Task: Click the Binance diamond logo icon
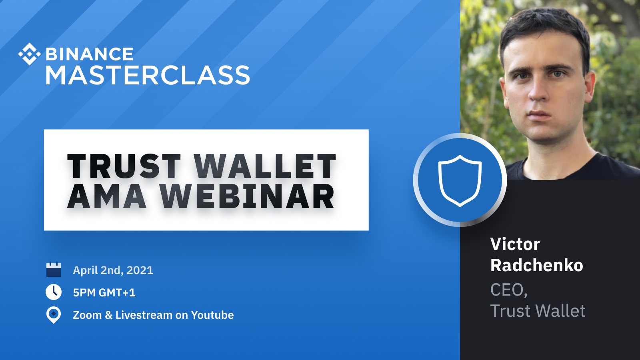tap(30, 54)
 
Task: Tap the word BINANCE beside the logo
tap(90, 54)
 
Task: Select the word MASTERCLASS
tap(148, 75)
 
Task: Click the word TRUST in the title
tap(124, 166)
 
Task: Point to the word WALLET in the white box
tap(265, 166)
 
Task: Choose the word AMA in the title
tap(106, 196)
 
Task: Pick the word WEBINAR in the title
tap(247, 196)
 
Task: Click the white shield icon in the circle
tap(460, 180)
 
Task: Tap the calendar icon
tap(54, 269)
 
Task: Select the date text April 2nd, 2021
tap(113, 270)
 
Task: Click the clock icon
tap(54, 292)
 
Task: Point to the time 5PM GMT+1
tap(104, 292)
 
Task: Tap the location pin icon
tap(54, 315)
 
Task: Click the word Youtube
tap(212, 315)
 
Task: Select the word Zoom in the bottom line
tap(87, 315)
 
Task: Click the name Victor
tap(515, 244)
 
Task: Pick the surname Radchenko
tap(536, 265)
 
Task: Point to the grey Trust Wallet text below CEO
tap(538, 310)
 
